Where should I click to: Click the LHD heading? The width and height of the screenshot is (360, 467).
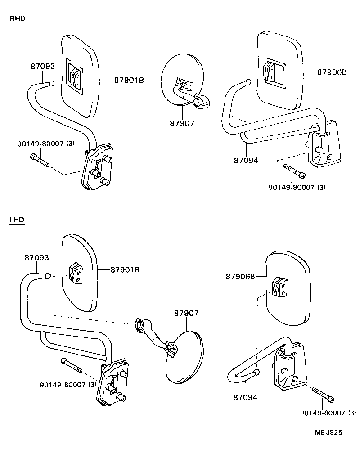pyautogui.click(x=17, y=220)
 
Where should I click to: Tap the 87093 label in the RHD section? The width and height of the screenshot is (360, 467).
pyautogui.click(x=43, y=66)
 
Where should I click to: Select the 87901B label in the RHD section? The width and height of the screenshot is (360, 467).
pyautogui.click(x=129, y=80)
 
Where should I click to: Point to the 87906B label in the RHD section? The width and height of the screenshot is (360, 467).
pyautogui.click(x=332, y=72)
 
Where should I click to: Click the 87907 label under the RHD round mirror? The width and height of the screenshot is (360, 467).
pyautogui.click(x=182, y=123)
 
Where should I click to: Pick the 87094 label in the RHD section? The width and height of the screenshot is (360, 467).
pyautogui.click(x=246, y=160)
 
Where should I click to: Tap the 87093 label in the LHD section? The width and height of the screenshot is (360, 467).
pyautogui.click(x=36, y=258)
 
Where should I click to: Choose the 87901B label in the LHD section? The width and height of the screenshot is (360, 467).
pyautogui.click(x=125, y=269)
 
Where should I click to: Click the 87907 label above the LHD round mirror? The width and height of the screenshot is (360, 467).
pyautogui.click(x=186, y=313)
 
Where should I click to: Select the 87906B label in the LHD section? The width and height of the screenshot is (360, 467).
pyautogui.click(x=241, y=277)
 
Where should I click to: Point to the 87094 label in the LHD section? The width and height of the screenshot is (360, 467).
pyautogui.click(x=245, y=397)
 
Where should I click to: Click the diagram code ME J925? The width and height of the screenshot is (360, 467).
pyautogui.click(x=328, y=432)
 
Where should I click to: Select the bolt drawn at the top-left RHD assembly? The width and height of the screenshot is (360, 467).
pyautogui.click(x=40, y=160)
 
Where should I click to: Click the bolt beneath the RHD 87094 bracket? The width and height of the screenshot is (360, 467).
pyautogui.click(x=295, y=171)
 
